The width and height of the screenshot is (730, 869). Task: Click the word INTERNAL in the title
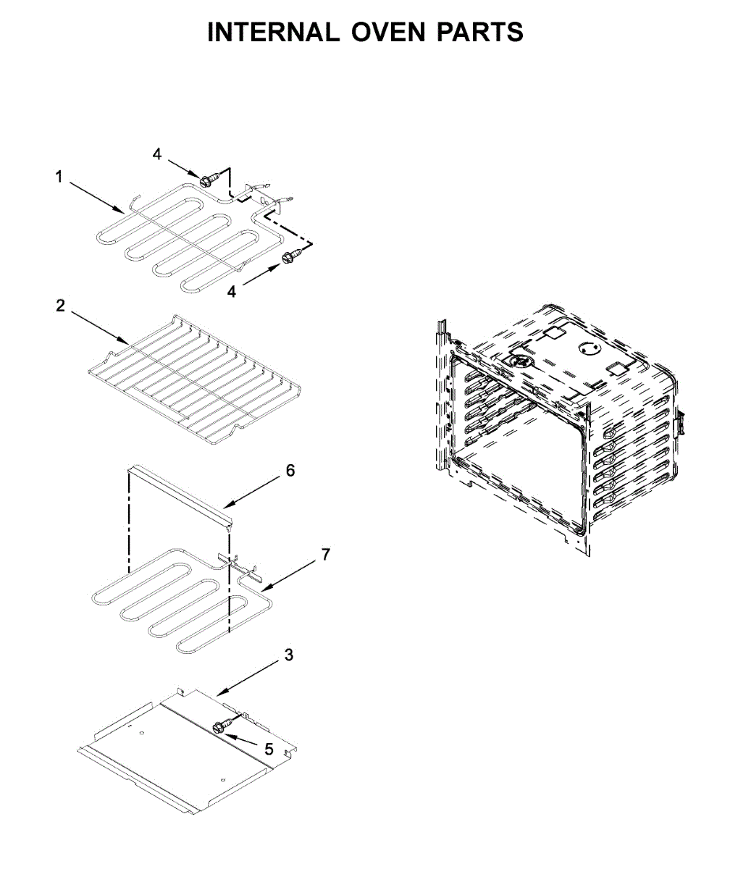272,33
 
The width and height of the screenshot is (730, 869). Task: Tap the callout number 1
59,176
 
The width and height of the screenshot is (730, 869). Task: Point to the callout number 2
60,306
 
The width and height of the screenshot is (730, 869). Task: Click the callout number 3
288,655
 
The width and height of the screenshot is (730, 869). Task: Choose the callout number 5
269,747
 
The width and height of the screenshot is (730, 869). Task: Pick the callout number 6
290,470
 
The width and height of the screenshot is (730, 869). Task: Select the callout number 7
326,555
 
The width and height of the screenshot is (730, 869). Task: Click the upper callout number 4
157,154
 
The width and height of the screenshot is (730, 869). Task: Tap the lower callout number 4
232,291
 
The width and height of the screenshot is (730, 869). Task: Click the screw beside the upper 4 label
206,177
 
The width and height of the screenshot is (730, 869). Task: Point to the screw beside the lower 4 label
292,256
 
